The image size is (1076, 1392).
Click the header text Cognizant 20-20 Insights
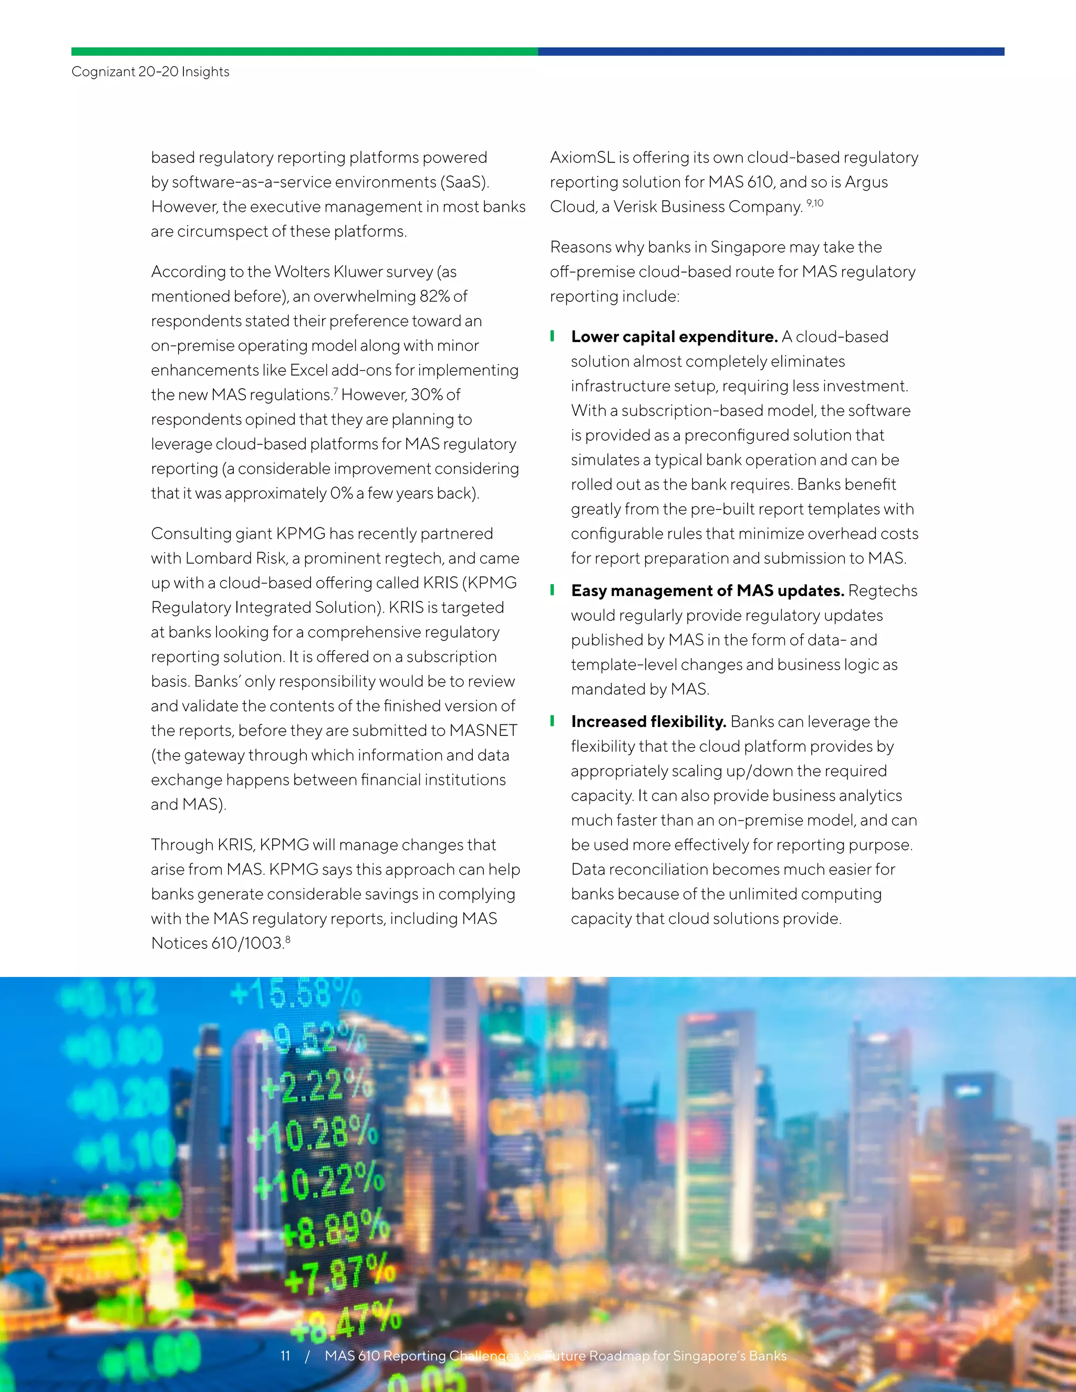click(150, 71)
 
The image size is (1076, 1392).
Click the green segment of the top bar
click(304, 51)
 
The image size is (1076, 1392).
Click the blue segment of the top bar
click(771, 51)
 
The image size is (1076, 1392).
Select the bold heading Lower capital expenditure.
click(674, 337)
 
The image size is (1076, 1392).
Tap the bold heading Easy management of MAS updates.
click(707, 591)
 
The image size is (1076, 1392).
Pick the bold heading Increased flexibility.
click(648, 722)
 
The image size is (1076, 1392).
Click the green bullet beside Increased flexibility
click(552, 721)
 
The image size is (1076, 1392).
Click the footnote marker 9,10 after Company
click(815, 203)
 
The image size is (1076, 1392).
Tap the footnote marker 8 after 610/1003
click(288, 940)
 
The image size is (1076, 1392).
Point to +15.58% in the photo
click(295, 993)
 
